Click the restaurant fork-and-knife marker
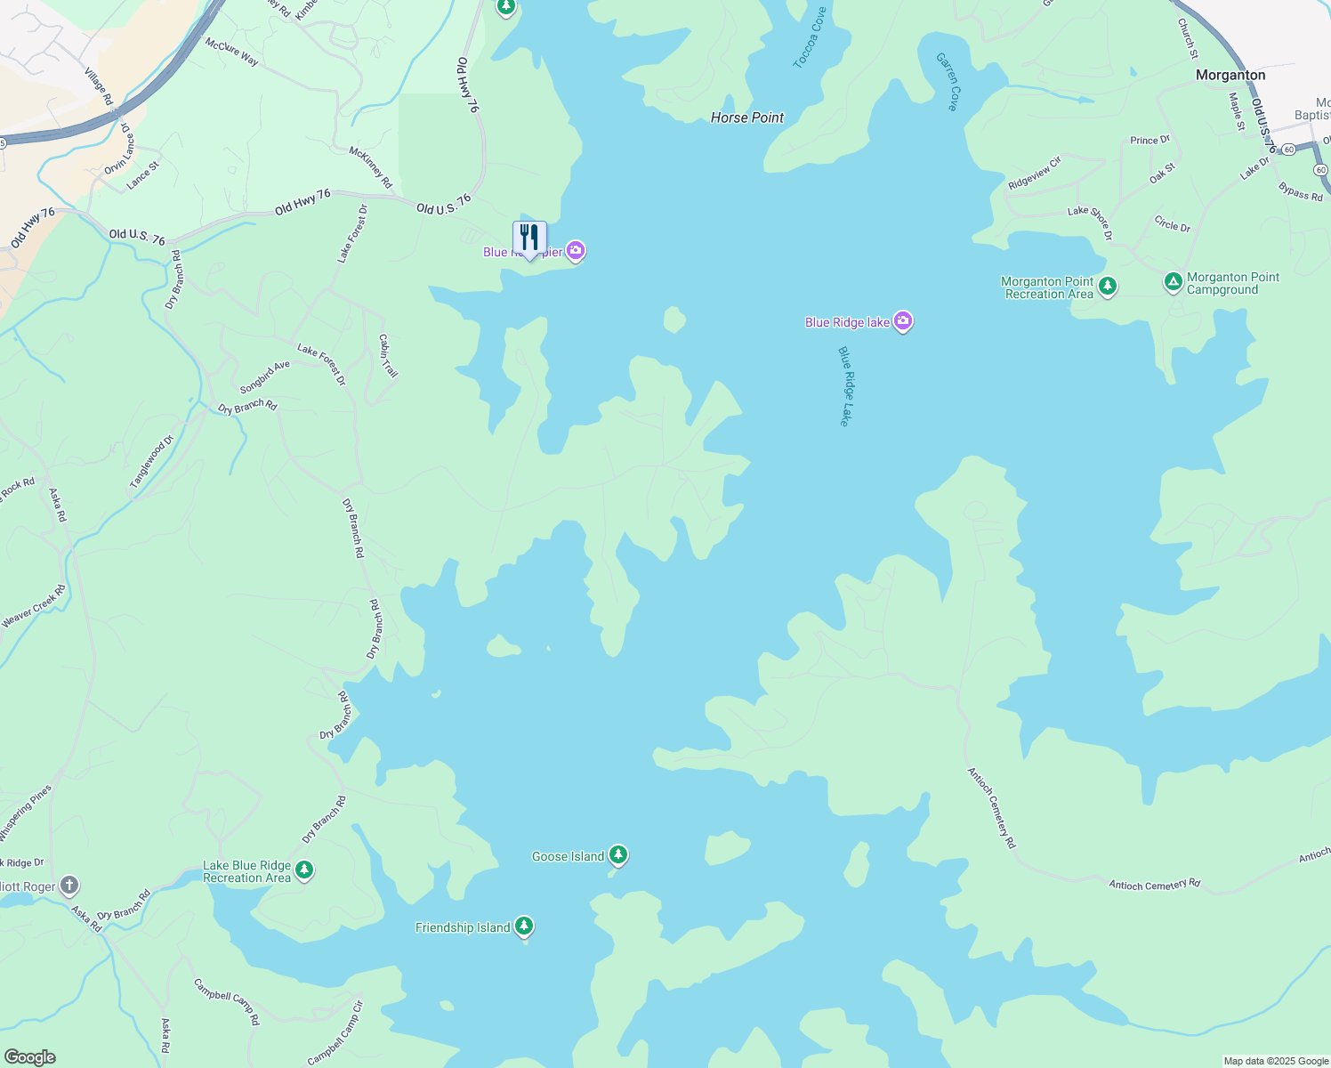pos(529,239)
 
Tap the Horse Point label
pos(747,117)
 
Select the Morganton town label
pos(1230,75)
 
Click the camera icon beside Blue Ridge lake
pos(903,321)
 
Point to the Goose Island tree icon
pos(617,855)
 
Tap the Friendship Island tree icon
pos(524,926)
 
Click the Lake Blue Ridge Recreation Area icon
pos(304,870)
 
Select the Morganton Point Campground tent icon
pos(1174,282)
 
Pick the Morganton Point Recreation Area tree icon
pos(1108,287)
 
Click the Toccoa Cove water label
pos(810,38)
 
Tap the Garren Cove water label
pos(948,81)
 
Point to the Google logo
pos(29,1057)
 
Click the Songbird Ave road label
pos(265,377)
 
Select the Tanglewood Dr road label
pos(152,461)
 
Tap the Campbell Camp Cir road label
pos(335,1032)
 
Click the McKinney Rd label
pos(371,167)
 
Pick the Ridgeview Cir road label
pos(1035,173)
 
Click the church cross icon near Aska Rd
pos(69,886)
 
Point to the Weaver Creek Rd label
pos(34,606)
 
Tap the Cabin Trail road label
pos(388,355)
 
